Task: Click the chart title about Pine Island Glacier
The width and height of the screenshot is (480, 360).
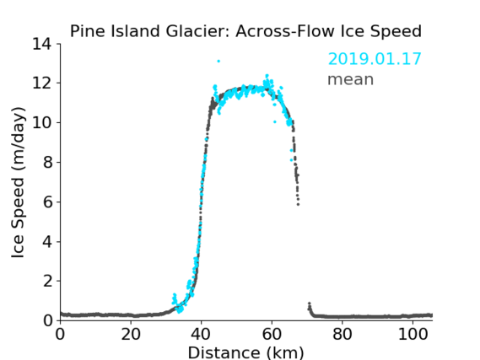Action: [245, 31]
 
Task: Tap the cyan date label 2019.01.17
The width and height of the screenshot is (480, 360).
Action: [375, 59]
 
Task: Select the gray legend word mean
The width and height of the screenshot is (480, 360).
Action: [351, 79]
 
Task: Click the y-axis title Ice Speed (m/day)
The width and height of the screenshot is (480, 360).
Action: [18, 183]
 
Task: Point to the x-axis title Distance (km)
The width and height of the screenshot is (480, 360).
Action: [245, 352]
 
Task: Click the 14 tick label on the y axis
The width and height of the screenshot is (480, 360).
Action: [42, 45]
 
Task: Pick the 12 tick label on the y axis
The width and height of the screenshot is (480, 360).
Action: [42, 83]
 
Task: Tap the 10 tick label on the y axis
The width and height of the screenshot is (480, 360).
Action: [42, 122]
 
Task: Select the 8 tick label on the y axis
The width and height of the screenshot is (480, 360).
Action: [47, 162]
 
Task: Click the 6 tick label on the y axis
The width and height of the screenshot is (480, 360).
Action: [47, 201]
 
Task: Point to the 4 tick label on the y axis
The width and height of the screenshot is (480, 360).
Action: [47, 242]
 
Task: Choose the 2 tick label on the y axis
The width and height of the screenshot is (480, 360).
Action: [47, 281]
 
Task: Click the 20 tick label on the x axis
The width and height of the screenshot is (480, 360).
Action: [131, 335]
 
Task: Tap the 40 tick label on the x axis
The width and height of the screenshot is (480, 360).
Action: [201, 335]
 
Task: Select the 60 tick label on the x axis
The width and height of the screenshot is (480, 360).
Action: [272, 335]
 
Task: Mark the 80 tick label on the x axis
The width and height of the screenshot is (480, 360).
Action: [342, 335]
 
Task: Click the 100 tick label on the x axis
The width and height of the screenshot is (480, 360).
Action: [413, 335]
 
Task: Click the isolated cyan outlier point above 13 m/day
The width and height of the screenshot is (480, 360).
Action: [218, 62]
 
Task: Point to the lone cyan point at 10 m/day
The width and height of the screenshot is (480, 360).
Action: [275, 121]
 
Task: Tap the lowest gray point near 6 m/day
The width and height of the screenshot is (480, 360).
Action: [298, 204]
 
